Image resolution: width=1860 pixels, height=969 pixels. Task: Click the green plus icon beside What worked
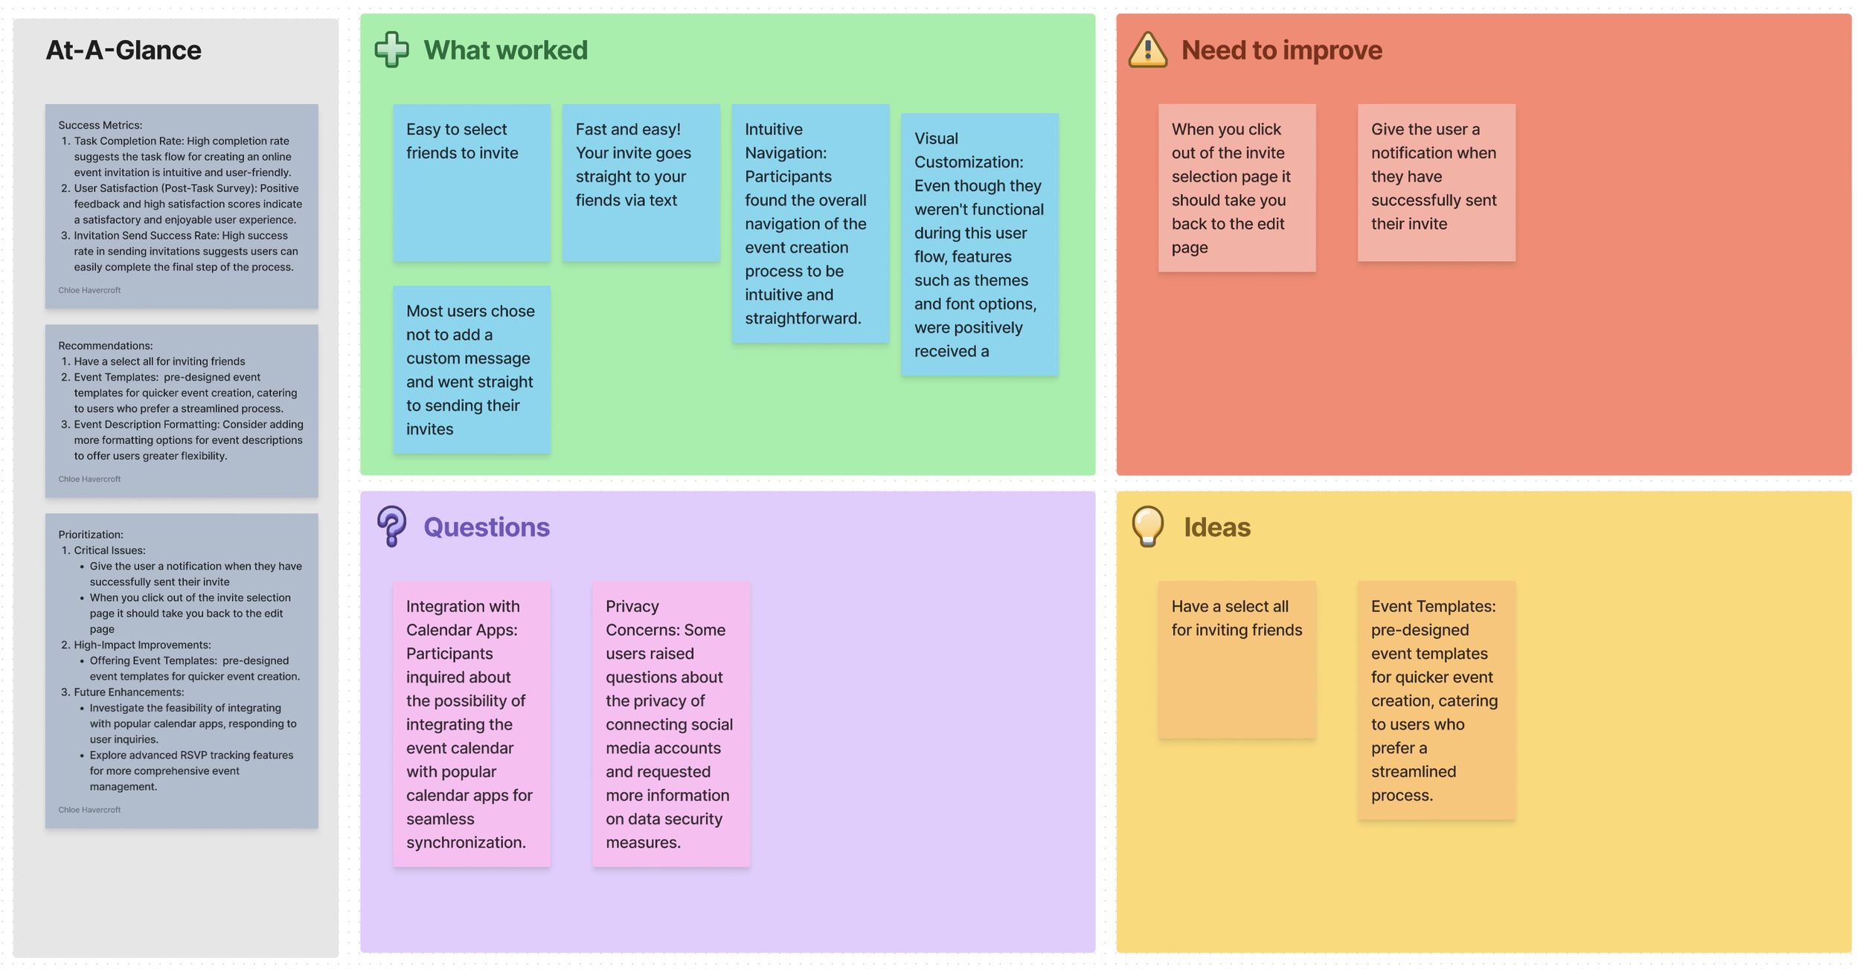point(391,50)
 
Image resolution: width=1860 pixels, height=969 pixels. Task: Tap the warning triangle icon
point(1147,50)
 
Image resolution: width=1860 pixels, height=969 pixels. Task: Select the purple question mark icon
point(391,526)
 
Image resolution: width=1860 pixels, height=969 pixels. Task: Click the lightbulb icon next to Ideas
point(1147,526)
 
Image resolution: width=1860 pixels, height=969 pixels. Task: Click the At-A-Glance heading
point(124,50)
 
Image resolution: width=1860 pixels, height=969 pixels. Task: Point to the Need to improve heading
point(1281,50)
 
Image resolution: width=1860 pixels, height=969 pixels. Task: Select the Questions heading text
point(487,527)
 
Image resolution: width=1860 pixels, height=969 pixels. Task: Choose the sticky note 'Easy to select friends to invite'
point(472,182)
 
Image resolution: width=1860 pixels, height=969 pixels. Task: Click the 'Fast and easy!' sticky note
point(641,182)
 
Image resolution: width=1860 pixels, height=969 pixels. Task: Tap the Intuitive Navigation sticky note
point(810,223)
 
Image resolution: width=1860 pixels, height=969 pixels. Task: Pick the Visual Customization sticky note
point(979,244)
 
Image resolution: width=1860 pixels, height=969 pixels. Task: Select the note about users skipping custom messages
point(472,370)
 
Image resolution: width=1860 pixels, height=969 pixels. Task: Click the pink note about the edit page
point(1237,187)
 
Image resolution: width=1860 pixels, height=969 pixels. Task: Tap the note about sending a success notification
point(1436,182)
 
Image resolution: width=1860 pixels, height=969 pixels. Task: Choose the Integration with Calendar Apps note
point(472,724)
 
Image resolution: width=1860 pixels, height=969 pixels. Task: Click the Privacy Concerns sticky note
point(671,724)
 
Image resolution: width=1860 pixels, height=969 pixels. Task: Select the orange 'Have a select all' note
point(1237,660)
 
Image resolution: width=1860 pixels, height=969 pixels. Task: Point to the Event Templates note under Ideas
point(1436,700)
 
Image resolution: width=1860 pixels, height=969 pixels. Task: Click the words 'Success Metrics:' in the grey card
point(100,125)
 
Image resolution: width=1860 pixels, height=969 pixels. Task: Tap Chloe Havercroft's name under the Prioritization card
point(89,810)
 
